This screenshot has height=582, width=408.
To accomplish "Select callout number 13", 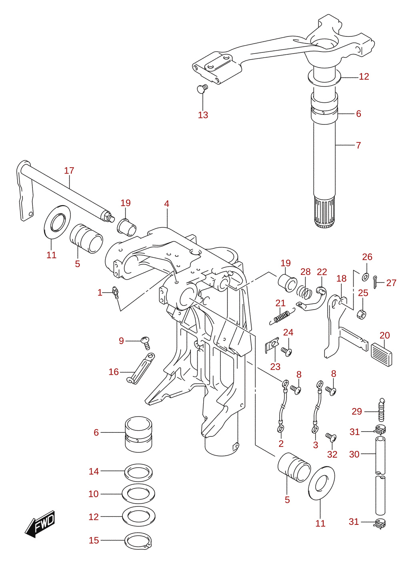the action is tap(203, 115).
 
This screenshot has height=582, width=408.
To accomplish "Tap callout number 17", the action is tap(69, 171).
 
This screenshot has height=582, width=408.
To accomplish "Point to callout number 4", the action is tap(166, 204).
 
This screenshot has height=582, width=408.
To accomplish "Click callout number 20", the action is tap(385, 336).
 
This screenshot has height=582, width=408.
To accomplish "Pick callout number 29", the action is tap(357, 411).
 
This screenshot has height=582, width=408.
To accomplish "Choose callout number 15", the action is tap(94, 540).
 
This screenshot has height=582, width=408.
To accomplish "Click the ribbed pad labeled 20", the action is tap(382, 355).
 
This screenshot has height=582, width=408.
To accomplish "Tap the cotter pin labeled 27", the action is tap(376, 282).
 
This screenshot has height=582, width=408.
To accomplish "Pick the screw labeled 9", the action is tap(146, 343).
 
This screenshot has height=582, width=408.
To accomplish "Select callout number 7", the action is tap(358, 145).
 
